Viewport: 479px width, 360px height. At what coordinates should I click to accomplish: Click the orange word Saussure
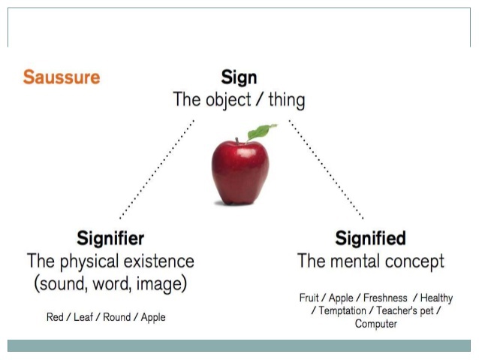point(62,77)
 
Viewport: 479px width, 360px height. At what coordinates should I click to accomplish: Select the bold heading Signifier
point(110,238)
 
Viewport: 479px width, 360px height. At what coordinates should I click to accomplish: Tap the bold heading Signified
point(371,238)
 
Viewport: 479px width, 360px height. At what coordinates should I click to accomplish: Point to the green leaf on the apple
point(261,132)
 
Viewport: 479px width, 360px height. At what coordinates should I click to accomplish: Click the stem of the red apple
point(237,141)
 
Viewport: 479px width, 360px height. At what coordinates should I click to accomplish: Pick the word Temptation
point(342,310)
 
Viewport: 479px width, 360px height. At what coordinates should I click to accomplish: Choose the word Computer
point(375,324)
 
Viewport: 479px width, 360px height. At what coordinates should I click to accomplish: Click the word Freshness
point(385,298)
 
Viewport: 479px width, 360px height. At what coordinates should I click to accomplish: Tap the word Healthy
point(436,298)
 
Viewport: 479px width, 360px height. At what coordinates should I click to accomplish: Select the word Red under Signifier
point(55,317)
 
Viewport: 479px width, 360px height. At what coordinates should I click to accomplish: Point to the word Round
point(116,317)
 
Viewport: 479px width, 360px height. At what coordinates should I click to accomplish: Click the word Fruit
point(309,298)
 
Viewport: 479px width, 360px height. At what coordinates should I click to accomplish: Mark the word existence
point(159,262)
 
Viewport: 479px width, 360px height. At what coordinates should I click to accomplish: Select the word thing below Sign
point(287,100)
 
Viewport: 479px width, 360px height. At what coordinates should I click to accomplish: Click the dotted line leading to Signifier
point(157,169)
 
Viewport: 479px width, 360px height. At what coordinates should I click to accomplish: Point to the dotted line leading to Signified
point(326,169)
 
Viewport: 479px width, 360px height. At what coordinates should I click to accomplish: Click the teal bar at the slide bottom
point(239,346)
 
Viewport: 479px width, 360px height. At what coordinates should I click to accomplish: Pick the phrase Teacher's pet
point(405,310)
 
